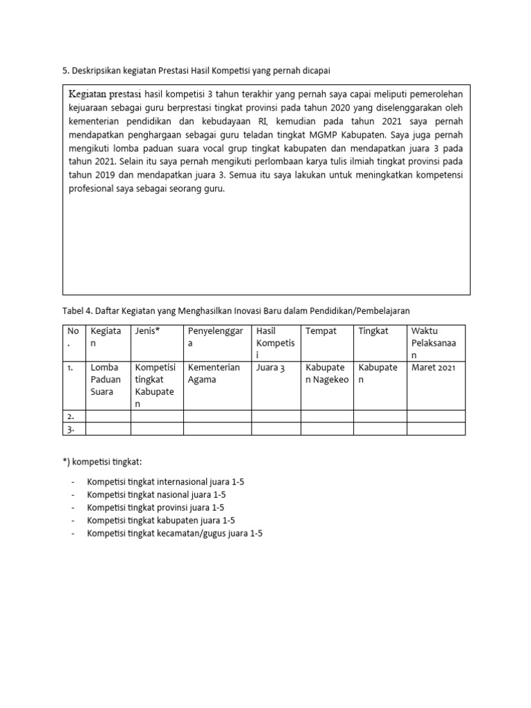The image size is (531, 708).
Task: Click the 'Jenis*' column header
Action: click(x=147, y=331)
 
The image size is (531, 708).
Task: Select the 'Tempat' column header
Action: click(x=321, y=331)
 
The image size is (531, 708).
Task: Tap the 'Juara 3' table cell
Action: click(x=270, y=368)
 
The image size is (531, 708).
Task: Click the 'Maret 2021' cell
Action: click(x=434, y=368)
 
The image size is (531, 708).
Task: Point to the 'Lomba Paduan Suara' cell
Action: click(x=105, y=380)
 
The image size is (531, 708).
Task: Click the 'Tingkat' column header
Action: click(x=374, y=331)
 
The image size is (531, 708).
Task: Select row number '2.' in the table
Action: click(x=71, y=416)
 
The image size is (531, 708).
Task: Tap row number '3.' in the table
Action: click(x=71, y=429)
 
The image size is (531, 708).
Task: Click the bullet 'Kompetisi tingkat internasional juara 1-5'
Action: click(x=166, y=481)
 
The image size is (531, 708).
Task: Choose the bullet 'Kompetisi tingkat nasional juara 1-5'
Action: click(x=156, y=494)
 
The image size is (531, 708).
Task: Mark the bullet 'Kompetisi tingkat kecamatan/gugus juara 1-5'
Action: click(x=175, y=534)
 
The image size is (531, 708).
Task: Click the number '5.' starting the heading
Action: click(x=66, y=70)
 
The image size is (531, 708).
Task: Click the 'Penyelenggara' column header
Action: click(x=215, y=337)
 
